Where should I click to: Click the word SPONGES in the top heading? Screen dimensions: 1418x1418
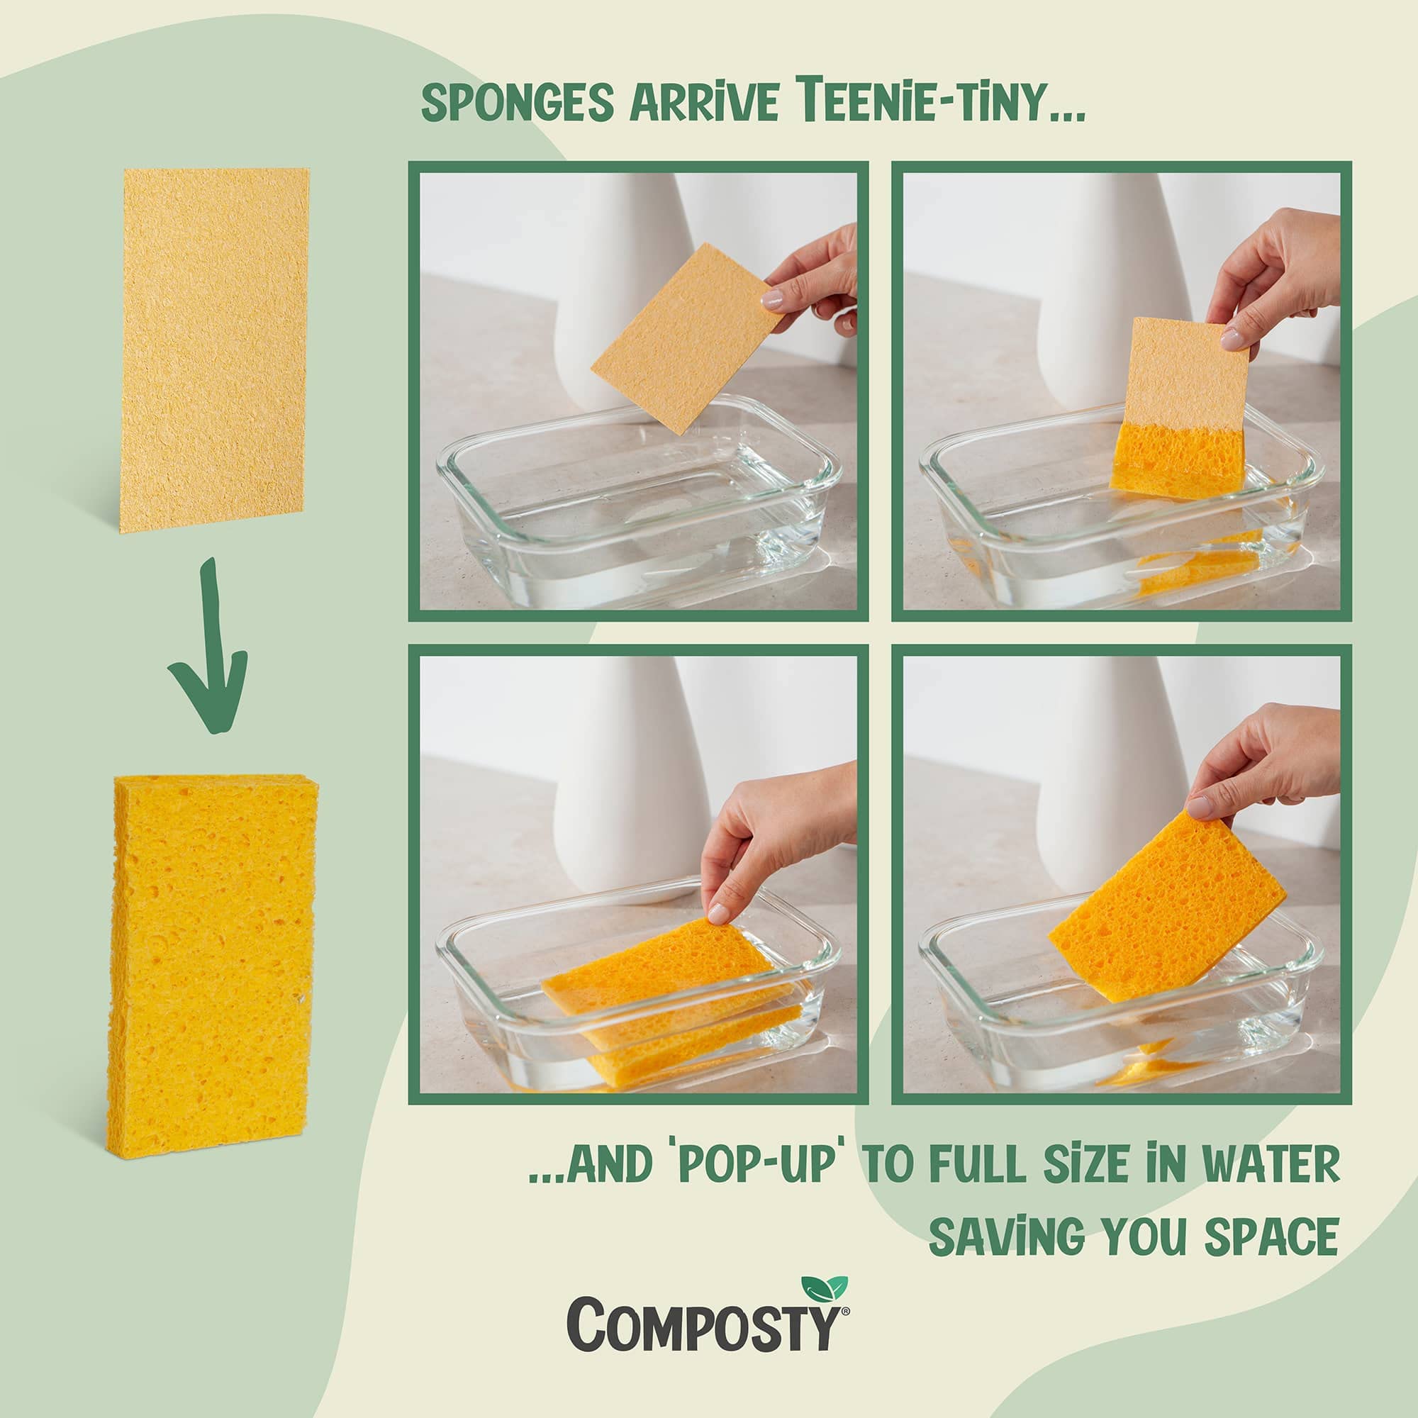click(x=517, y=103)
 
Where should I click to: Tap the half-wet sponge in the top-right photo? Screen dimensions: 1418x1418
click(x=1180, y=411)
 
